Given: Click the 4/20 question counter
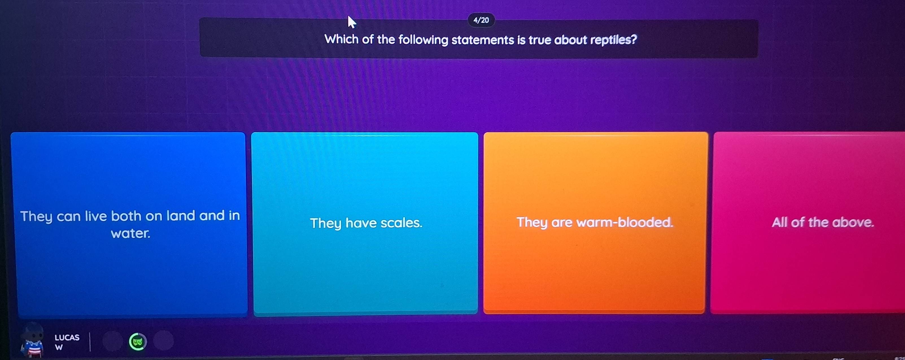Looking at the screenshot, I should tap(481, 20).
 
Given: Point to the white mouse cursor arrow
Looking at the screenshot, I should tap(351, 22).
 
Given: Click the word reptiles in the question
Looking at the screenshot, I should tap(613, 40).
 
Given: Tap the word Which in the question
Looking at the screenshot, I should tap(341, 39).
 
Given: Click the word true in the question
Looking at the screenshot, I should tap(539, 40).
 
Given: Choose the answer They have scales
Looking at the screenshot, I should tap(366, 223).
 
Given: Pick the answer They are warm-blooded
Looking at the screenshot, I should tap(594, 222).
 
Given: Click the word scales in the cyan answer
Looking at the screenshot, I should tap(401, 223).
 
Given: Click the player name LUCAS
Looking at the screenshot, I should tap(67, 337).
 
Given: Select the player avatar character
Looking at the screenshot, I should tap(32, 341).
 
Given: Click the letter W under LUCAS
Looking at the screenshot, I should tap(59, 348).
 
